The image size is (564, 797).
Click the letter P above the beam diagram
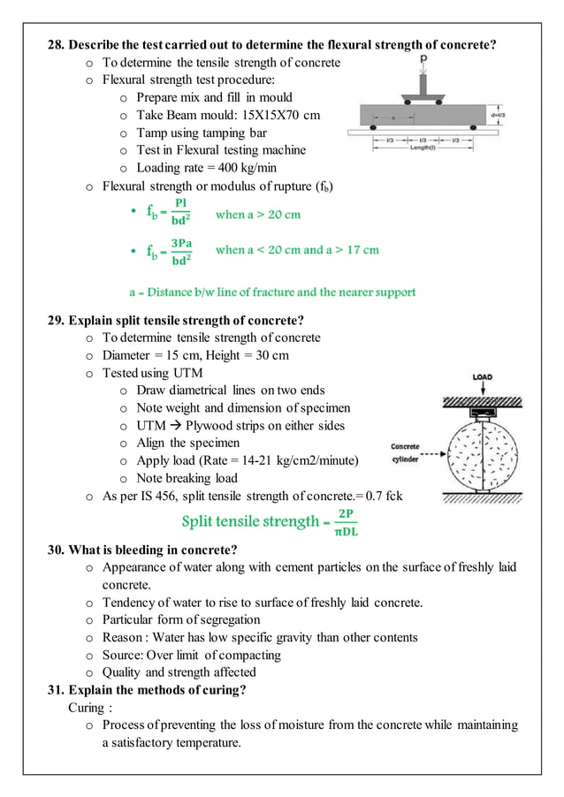pos(423,58)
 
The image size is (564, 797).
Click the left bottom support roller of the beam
pos(372,127)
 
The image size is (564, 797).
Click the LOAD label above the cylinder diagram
pos(482,377)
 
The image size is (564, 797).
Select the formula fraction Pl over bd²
pos(179,214)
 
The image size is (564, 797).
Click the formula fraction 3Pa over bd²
pos(181,251)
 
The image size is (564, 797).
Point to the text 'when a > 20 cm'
pos(257,215)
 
